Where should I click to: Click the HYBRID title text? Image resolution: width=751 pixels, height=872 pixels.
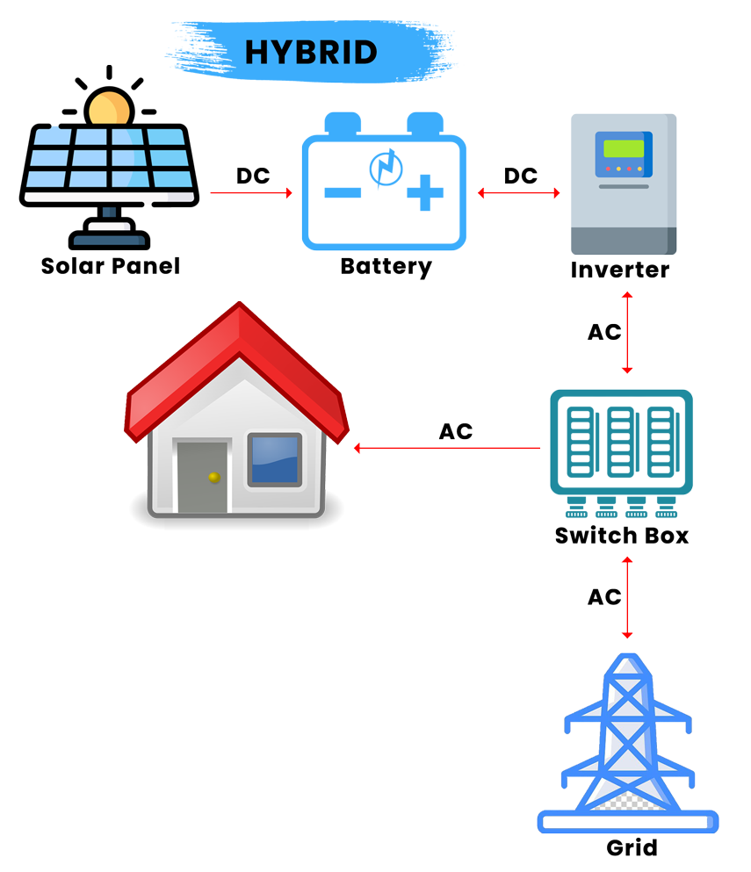(x=311, y=53)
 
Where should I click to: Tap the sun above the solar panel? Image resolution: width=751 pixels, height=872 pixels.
(x=110, y=107)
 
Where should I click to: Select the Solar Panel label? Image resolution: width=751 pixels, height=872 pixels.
(x=110, y=266)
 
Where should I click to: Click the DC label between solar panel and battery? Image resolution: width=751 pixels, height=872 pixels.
(x=253, y=176)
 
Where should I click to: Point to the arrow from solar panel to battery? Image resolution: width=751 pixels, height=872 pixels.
(x=251, y=193)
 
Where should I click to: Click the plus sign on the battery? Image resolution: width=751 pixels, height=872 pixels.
(x=425, y=192)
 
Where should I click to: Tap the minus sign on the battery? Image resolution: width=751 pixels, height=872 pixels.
(x=343, y=193)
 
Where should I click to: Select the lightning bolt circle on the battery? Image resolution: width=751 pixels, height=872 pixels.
(x=386, y=168)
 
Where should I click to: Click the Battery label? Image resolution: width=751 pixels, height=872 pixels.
(x=386, y=266)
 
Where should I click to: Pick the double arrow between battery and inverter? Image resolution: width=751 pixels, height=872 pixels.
(x=518, y=193)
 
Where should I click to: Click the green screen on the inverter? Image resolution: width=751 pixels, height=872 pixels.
(x=624, y=149)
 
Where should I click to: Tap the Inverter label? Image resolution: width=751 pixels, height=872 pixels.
(x=620, y=270)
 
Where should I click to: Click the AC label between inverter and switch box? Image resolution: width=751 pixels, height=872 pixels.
(x=604, y=332)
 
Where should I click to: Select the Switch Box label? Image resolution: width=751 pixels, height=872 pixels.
(x=622, y=536)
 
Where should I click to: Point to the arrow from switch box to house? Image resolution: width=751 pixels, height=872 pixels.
(x=447, y=448)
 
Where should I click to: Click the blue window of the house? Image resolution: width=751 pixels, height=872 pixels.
(x=275, y=460)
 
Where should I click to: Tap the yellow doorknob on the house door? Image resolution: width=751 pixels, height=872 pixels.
(x=214, y=477)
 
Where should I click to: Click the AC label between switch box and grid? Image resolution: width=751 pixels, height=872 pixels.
(x=604, y=597)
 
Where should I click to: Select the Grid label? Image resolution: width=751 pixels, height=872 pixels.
(x=632, y=848)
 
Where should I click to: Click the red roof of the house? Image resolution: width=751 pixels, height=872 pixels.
(x=236, y=367)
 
